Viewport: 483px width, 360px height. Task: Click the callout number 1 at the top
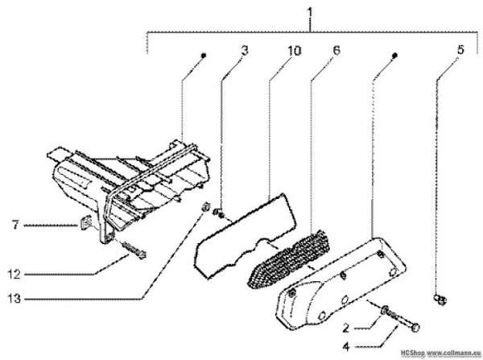[310, 13]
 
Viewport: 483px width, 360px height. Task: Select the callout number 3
[245, 51]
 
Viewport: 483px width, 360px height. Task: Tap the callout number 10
[294, 51]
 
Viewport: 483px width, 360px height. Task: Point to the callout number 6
[336, 51]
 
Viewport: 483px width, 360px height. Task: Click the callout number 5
[460, 50]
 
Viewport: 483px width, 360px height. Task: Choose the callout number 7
[15, 225]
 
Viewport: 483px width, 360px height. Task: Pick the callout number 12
[14, 274]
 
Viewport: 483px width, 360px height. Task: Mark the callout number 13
[14, 298]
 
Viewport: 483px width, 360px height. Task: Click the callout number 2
[346, 328]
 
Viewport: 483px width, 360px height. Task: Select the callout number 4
[346, 347]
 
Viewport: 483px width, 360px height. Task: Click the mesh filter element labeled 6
[289, 259]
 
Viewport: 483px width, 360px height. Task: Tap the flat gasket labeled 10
[246, 236]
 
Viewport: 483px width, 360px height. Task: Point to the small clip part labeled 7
[85, 222]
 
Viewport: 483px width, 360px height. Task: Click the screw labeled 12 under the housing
[134, 250]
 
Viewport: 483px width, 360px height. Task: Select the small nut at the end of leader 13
[205, 207]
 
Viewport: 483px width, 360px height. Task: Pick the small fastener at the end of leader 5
[440, 299]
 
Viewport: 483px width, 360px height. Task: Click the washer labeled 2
[385, 310]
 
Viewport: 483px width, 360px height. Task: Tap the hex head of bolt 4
[415, 327]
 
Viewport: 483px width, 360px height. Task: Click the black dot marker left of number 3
[203, 56]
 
